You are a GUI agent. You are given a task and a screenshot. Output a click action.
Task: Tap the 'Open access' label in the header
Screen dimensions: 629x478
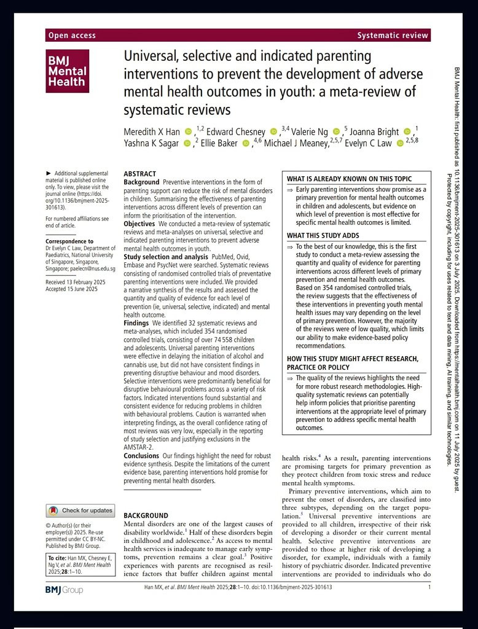click(72, 36)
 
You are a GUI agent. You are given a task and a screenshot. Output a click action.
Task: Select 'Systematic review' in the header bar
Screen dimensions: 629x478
click(392, 36)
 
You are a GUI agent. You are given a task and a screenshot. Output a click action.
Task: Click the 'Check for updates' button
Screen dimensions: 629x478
click(80, 510)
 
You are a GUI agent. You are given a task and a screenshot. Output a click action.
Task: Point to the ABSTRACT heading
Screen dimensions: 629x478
click(140, 174)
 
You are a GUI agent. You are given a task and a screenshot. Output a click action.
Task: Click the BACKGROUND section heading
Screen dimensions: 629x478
click(146, 515)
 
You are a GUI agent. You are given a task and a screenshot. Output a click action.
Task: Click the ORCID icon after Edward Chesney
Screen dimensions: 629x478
click(274, 131)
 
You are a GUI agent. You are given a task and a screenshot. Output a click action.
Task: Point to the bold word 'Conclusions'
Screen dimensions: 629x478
click(141, 456)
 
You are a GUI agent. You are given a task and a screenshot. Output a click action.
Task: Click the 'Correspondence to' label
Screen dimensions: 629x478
click(69, 241)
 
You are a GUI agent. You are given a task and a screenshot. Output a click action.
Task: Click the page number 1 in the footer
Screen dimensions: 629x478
click(429, 587)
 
